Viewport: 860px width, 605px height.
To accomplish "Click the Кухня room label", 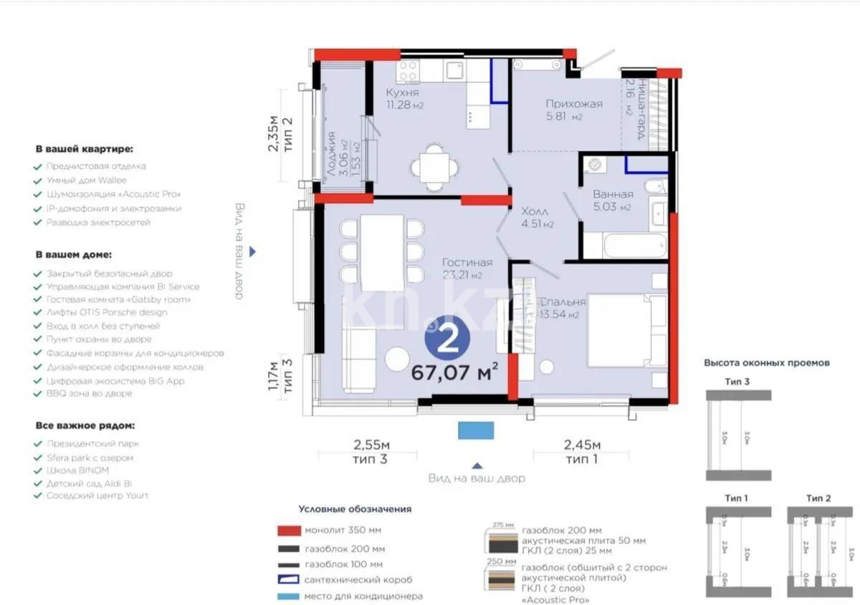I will (x=402, y=93).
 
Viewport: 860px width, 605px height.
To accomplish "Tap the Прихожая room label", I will (x=573, y=104).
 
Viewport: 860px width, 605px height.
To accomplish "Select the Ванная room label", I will (x=613, y=194).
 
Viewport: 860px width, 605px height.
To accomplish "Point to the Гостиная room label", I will (x=467, y=262).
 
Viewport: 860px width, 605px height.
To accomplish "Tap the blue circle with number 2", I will (x=448, y=340).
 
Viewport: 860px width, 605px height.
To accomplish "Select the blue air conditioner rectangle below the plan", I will (x=476, y=430).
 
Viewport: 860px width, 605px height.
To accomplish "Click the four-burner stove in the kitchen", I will (x=408, y=69).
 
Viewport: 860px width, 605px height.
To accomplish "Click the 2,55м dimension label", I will (x=371, y=447).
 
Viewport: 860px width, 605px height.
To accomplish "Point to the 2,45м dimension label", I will (x=582, y=447).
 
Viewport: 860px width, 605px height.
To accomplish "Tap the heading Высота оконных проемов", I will (x=767, y=363).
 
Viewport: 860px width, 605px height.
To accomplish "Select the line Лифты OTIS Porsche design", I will (x=106, y=312).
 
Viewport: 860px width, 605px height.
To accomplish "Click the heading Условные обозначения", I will (x=355, y=509).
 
